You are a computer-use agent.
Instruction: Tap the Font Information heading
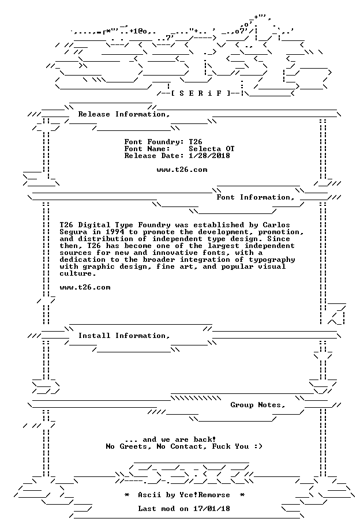tap(256, 197)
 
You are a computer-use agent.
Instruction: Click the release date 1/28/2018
tap(209, 156)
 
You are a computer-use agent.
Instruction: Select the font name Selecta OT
tap(212, 149)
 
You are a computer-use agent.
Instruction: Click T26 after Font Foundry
tap(196, 142)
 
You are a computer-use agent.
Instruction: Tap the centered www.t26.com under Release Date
tap(182, 170)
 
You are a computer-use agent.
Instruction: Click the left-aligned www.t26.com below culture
tap(85, 287)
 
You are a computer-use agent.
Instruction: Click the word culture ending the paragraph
tap(76, 273)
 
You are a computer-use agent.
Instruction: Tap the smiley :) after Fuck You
tap(258, 446)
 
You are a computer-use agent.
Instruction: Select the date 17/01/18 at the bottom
tap(212, 509)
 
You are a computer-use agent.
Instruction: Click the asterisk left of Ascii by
tap(127, 495)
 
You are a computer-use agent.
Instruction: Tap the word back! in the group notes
tap(205, 439)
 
